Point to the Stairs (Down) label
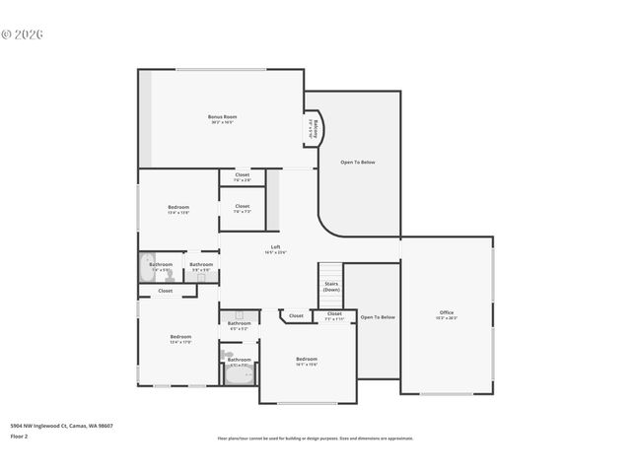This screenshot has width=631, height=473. point(331,287)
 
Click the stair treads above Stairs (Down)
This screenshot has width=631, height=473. point(330,271)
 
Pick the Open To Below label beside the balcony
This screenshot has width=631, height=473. point(358,162)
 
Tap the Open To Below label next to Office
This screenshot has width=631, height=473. point(378,317)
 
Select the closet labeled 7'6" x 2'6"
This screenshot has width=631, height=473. point(242,176)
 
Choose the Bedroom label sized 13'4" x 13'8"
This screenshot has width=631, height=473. point(178,208)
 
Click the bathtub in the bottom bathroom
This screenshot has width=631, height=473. point(239,375)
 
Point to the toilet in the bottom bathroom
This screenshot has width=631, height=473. point(228,355)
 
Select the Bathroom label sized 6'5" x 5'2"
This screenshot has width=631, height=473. point(240,324)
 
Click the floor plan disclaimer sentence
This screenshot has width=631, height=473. point(315,439)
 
